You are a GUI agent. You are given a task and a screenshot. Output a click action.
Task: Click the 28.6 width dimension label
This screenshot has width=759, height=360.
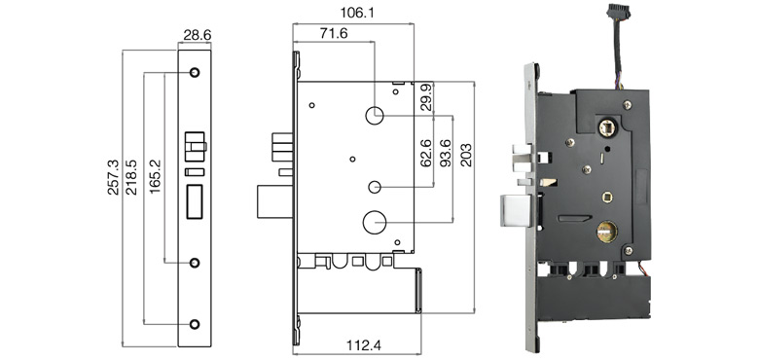click(197, 35)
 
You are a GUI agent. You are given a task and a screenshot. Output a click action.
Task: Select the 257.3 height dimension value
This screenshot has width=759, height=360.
click(113, 177)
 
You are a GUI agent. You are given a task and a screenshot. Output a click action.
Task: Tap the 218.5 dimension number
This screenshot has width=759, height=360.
click(131, 177)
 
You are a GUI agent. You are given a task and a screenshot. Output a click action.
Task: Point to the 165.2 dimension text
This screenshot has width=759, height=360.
click(155, 177)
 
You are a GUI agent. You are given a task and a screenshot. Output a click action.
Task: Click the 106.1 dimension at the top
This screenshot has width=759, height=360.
click(357, 13)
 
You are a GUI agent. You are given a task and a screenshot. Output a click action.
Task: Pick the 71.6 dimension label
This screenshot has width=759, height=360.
click(334, 33)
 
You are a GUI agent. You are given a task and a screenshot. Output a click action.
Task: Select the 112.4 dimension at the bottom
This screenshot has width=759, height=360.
click(364, 346)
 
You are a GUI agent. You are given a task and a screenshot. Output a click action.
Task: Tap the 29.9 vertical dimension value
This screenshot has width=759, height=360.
click(426, 96)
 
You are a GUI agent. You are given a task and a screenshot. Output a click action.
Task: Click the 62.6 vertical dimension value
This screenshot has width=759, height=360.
click(426, 154)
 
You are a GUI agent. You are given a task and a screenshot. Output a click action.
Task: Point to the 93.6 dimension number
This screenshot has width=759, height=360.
click(446, 154)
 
